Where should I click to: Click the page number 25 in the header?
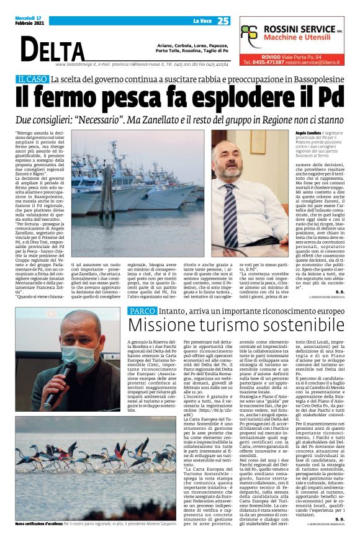pyautogui.click(x=223, y=21)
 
